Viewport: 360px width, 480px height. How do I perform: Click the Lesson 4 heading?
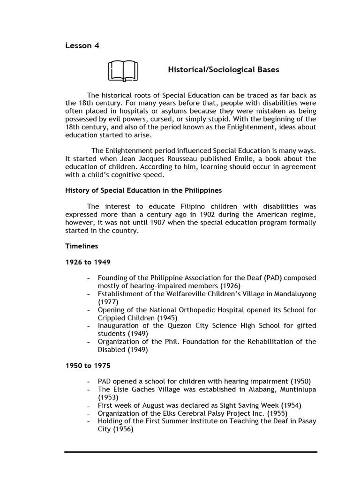[x=82, y=45]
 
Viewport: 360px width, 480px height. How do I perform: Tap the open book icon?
[x=122, y=71]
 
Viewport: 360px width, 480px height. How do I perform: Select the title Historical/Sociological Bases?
[x=223, y=70]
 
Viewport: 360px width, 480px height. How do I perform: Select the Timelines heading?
[x=82, y=246]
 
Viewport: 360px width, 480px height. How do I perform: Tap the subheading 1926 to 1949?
[x=88, y=262]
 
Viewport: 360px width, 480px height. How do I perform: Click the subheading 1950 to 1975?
[x=88, y=366]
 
